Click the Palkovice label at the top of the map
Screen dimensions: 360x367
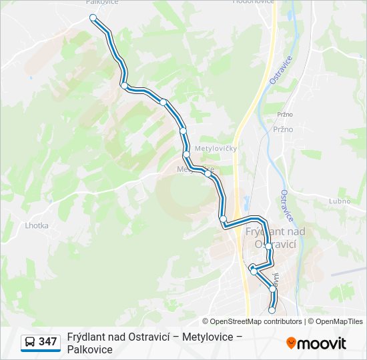tap(103, 2)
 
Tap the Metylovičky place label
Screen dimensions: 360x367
tap(216, 148)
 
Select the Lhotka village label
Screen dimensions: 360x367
tap(37, 225)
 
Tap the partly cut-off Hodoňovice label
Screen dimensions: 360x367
tap(253, 2)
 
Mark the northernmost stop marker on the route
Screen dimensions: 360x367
tap(93, 18)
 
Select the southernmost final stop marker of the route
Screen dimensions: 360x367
tap(272, 310)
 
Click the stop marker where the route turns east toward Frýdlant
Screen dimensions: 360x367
tap(224, 219)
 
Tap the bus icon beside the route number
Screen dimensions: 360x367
tap(30, 343)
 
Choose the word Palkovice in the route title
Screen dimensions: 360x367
tap(90, 349)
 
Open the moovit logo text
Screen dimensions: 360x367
tap(322, 343)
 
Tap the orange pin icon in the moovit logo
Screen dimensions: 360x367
tap(292, 343)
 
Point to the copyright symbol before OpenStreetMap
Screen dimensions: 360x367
tap(206, 321)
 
